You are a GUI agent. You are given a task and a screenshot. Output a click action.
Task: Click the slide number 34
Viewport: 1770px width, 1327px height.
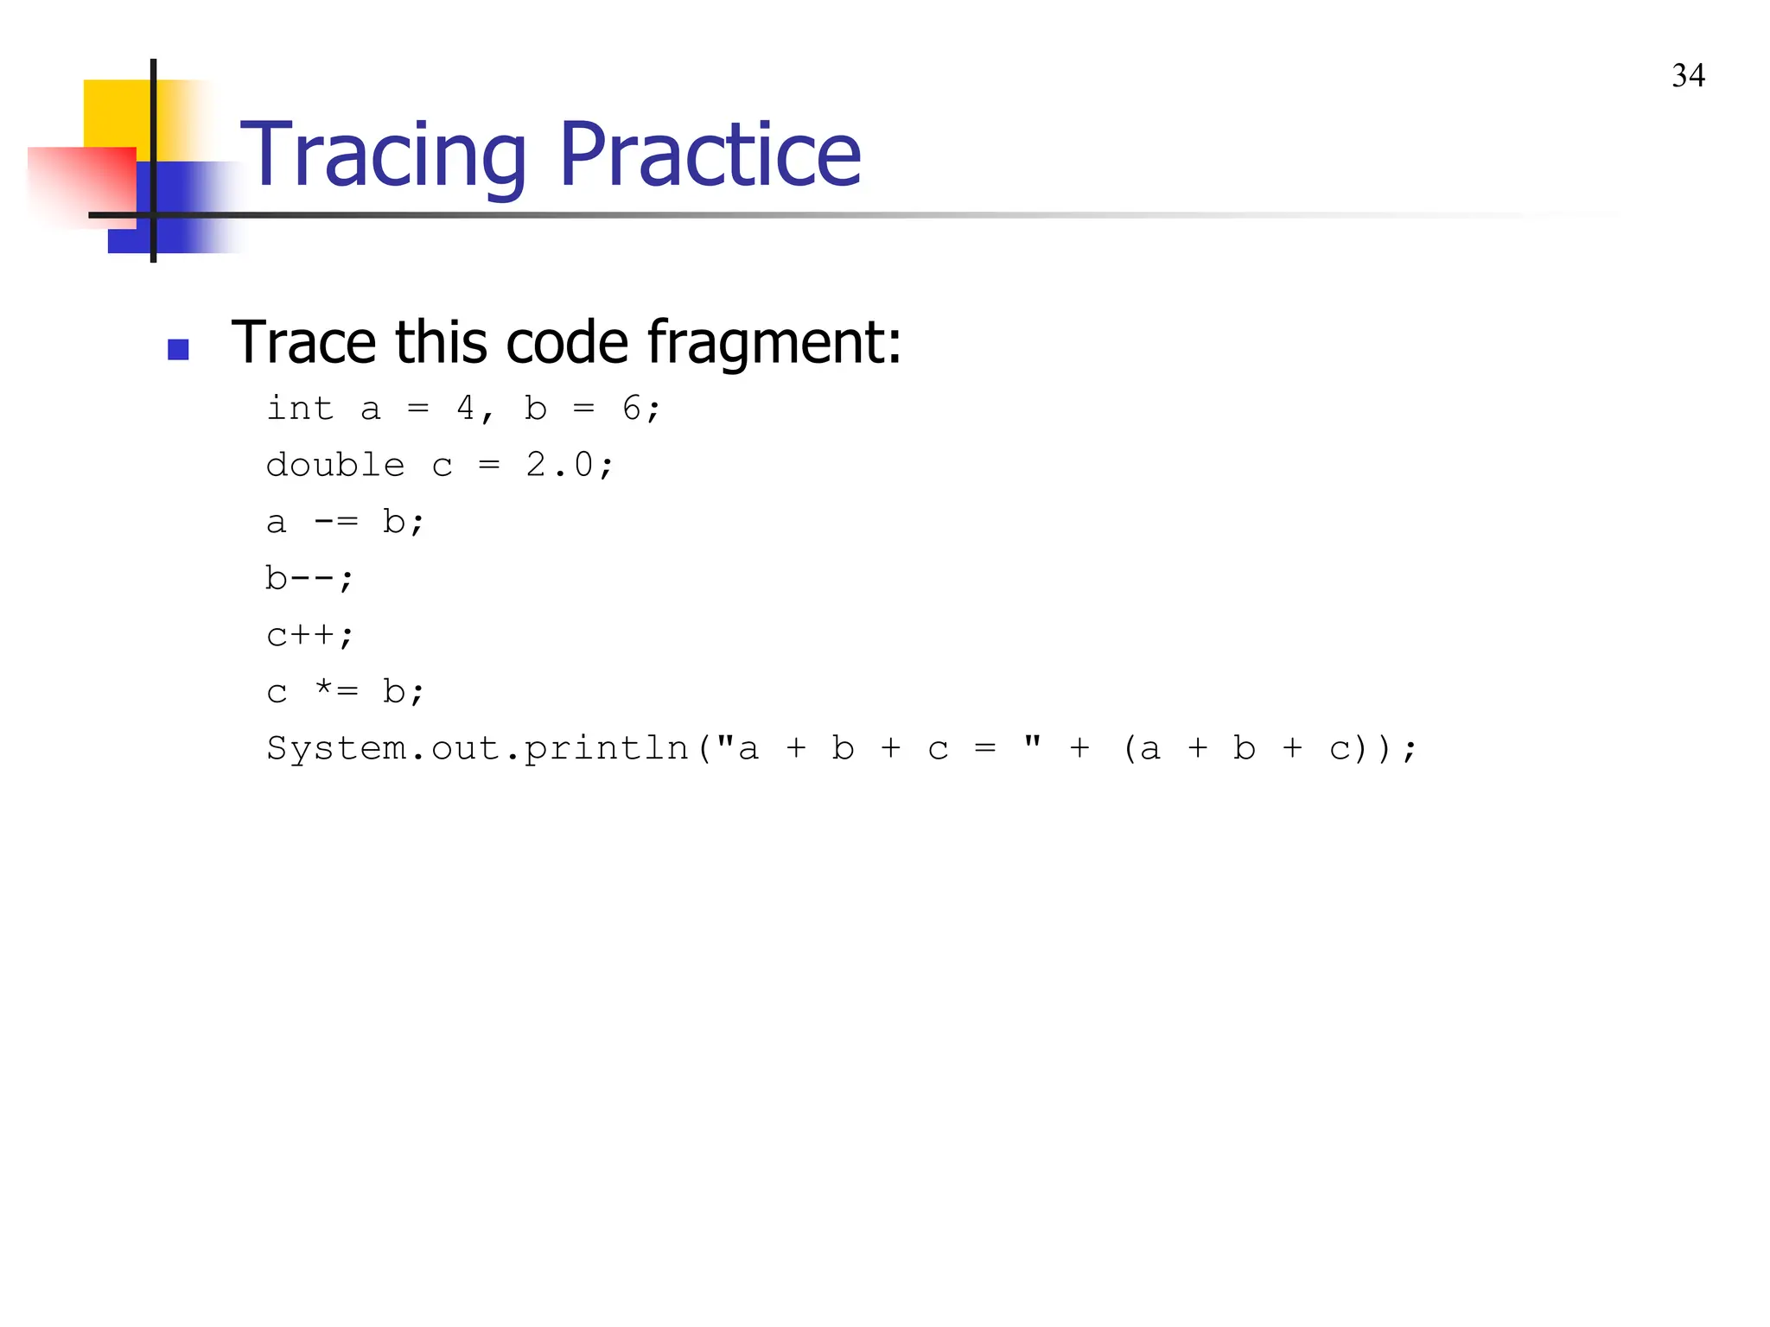(x=1688, y=76)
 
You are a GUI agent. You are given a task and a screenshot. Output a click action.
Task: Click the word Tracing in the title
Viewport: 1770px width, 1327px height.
(x=384, y=155)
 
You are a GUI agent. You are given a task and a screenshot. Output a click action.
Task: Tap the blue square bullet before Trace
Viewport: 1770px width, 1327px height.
(x=178, y=349)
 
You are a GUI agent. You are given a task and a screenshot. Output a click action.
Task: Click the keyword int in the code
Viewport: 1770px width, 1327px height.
(x=299, y=408)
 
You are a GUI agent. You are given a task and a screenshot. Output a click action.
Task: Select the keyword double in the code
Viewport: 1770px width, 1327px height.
(x=335, y=465)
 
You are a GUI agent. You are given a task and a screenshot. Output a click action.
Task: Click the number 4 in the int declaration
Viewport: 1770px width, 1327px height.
(x=465, y=408)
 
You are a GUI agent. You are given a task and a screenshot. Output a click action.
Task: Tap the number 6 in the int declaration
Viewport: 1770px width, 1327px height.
(x=632, y=408)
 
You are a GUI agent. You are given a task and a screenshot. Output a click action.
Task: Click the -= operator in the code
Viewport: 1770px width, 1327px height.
(x=335, y=522)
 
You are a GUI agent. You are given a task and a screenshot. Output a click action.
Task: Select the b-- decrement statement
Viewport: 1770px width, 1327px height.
(x=308, y=578)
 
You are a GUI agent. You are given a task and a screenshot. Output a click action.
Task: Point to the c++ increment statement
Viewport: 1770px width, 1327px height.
(x=309, y=635)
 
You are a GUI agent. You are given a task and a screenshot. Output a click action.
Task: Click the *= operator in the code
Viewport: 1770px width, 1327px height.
(x=335, y=691)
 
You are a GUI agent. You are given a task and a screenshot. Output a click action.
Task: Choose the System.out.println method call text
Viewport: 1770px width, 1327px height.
(x=477, y=748)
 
